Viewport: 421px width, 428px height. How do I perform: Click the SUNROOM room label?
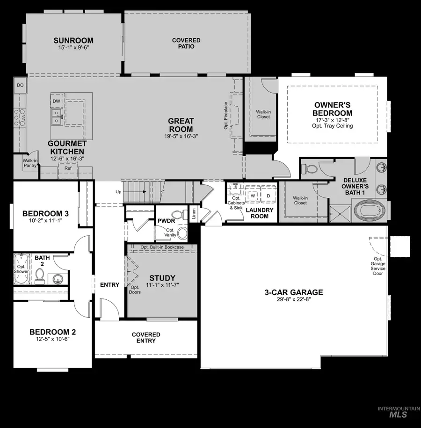73,41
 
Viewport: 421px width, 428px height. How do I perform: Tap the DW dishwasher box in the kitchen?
56,101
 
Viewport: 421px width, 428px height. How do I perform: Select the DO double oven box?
20,85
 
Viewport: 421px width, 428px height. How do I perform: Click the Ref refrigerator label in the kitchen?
68,168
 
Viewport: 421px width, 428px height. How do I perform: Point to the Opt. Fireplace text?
226,115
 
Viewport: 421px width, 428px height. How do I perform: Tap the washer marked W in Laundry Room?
253,196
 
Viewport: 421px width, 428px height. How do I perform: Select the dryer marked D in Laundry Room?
269,196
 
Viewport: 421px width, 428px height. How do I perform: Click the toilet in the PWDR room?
182,233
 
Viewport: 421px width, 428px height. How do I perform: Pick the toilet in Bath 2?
40,276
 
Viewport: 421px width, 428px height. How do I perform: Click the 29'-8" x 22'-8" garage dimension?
294,300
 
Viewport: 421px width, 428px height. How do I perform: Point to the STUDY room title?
162,277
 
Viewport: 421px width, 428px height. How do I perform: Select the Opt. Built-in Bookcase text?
162,247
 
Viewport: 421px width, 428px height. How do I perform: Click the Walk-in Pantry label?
30,163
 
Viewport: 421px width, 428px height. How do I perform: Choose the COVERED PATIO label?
186,44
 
